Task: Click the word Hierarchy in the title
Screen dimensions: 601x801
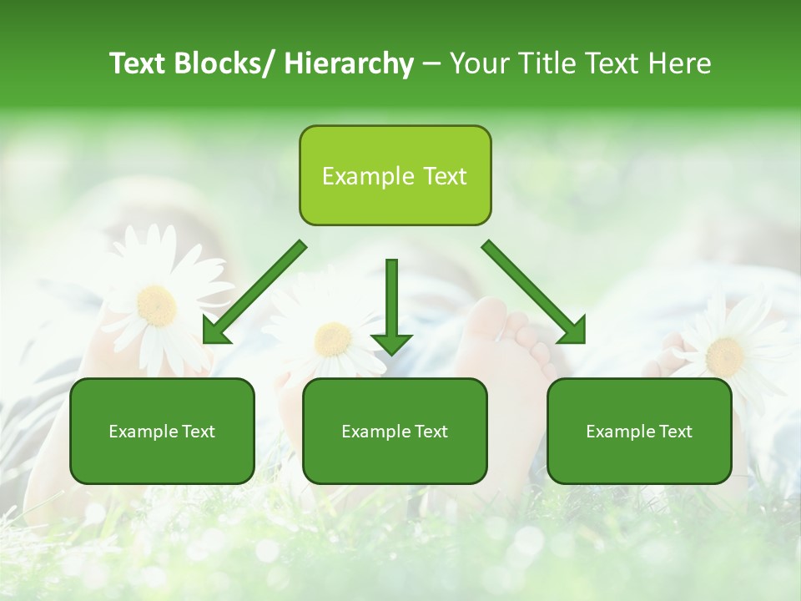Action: pos(348,63)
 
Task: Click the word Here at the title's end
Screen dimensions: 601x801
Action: pos(679,63)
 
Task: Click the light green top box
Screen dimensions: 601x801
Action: pos(395,176)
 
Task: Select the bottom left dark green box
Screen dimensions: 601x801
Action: pos(162,432)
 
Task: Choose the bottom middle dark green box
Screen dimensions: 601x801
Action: pos(395,432)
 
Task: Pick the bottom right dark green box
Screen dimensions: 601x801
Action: pos(639,432)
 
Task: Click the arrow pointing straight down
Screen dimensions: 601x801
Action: pos(391,305)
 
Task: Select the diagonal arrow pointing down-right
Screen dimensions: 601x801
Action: pos(534,292)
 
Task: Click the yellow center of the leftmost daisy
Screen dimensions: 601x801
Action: pos(156,306)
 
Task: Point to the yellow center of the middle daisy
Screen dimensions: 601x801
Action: pos(333,339)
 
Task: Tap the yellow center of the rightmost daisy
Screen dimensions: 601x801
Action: pos(723,356)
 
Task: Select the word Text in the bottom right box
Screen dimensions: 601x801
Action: pos(675,432)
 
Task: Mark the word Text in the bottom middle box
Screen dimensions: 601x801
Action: pos(431,432)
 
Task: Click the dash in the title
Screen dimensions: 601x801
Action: pos(431,65)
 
